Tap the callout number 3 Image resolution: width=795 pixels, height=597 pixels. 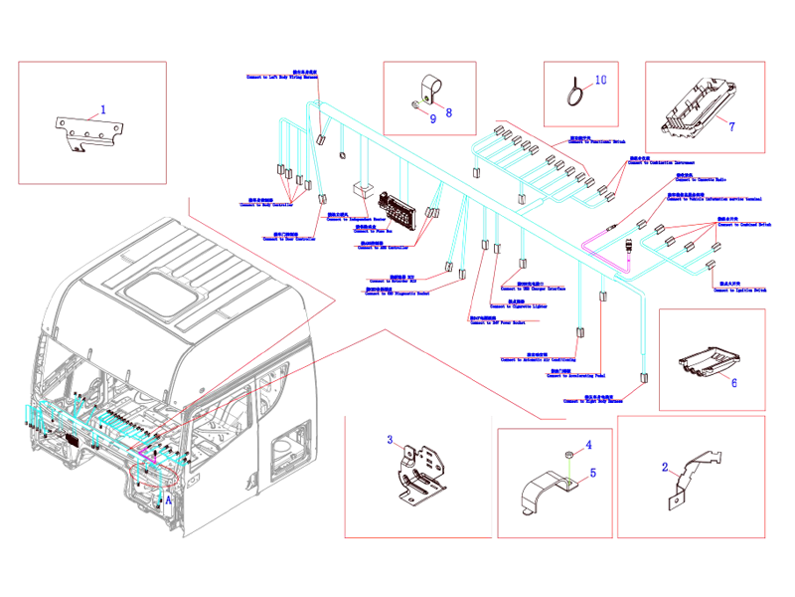pyautogui.click(x=391, y=440)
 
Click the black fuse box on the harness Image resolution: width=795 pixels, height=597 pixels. pyautogui.click(x=403, y=209)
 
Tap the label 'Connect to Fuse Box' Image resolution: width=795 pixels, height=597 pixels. pyautogui.click(x=373, y=229)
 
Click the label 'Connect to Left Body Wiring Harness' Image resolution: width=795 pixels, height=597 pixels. pyautogui.click(x=283, y=76)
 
